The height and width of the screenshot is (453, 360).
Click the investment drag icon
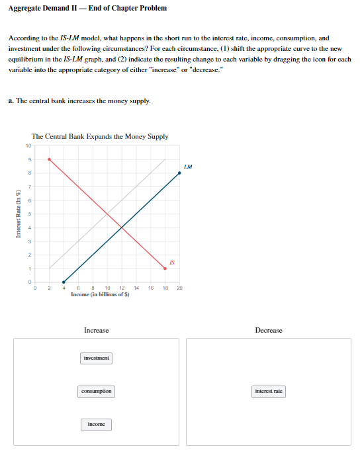[97, 358]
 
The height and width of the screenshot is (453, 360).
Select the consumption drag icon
[97, 391]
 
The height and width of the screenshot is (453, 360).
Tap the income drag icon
[97, 424]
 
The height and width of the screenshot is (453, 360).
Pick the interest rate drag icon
[269, 391]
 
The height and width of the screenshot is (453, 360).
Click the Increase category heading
[97, 330]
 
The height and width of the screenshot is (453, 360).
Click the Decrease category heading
[269, 330]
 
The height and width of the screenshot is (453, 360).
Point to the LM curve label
[188, 167]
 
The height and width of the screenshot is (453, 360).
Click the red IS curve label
[171, 263]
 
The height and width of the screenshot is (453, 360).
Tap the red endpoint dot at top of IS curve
[49, 159]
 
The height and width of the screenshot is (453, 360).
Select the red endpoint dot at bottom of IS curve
[165, 268]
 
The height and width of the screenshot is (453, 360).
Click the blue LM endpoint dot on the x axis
[64, 282]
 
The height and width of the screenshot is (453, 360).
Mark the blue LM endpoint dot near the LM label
[179, 173]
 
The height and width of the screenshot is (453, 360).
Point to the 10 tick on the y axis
[28, 145]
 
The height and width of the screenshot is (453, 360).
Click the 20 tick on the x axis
[179, 288]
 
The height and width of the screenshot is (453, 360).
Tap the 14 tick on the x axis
[136, 288]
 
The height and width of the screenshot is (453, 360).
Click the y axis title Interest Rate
[18, 214]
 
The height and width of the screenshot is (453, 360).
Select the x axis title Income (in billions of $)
[101, 294]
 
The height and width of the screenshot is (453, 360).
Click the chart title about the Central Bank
[100, 136]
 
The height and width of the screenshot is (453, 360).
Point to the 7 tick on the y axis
[30, 186]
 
